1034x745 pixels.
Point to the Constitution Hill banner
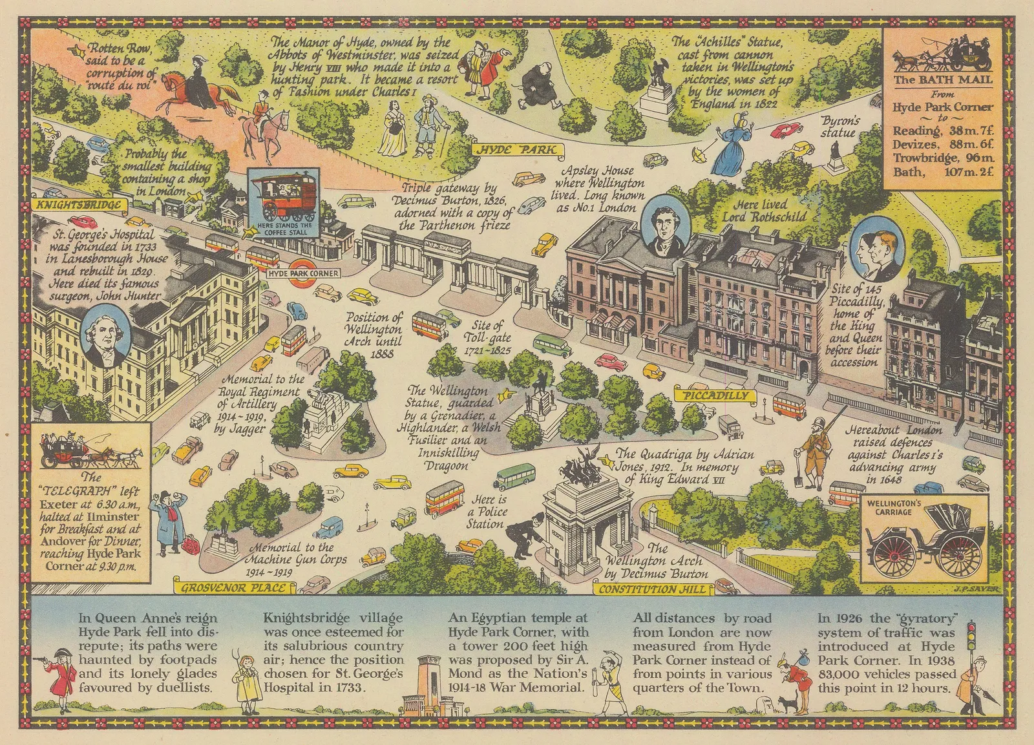pos(654,589)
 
